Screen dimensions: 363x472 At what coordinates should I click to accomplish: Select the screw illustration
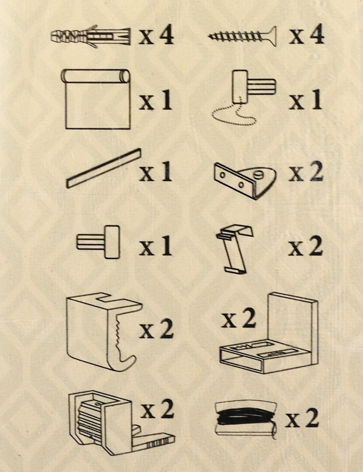coord(242,36)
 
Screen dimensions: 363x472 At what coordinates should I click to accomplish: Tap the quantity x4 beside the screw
coord(306,35)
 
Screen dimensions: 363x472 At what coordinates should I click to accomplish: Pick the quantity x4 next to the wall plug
coord(156,35)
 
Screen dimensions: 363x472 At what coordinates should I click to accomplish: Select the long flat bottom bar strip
coord(104,168)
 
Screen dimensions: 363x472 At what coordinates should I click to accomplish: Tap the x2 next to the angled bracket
coord(306,172)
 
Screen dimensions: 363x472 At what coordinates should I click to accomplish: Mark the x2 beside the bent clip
coord(305,246)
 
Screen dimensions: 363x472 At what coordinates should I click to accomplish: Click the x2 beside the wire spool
coord(302,419)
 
